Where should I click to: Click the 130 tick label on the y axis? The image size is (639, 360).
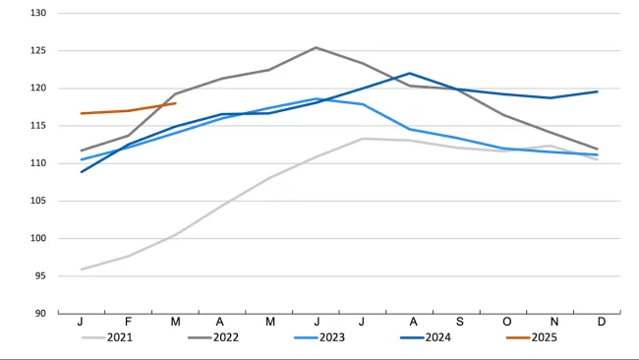point(38,13)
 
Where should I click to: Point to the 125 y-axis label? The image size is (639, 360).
point(38,50)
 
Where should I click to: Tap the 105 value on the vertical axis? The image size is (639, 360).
point(38,201)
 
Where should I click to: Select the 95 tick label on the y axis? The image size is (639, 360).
point(40,276)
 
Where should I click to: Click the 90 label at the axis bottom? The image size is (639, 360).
point(40,314)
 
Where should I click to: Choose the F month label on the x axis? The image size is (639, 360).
point(128,322)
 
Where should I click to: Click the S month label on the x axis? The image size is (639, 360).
point(460,322)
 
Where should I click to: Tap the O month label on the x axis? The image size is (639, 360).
point(507,322)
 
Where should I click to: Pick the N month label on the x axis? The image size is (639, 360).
point(554,322)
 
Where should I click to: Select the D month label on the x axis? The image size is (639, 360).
point(602,322)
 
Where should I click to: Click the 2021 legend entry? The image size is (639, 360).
point(107,337)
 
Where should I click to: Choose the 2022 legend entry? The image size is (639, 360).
point(213,337)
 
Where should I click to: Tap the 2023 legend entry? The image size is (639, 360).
point(319,337)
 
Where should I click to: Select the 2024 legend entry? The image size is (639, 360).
point(426,337)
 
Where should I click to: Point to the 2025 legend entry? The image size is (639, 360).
point(532,337)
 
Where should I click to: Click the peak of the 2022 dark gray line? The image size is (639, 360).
point(316,47)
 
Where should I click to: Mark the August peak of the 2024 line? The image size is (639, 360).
point(410,74)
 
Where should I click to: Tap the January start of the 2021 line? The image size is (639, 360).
point(82,270)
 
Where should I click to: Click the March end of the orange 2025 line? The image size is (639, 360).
point(175,103)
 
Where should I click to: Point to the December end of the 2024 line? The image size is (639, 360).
point(597,91)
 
